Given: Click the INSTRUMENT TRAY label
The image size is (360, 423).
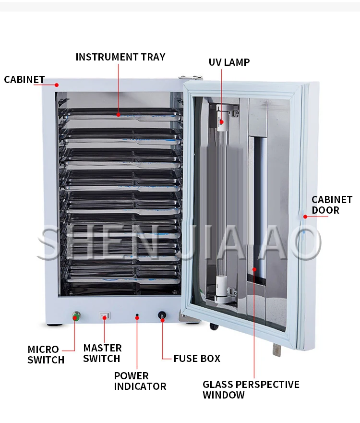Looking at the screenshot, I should (x=120, y=57).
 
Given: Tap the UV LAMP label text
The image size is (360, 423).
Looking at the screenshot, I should (x=229, y=62).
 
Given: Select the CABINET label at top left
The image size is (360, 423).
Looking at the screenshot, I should (x=24, y=79).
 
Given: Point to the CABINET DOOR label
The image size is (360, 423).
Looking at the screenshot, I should (x=332, y=205).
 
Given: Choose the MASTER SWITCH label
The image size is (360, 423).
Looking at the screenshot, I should (x=102, y=353).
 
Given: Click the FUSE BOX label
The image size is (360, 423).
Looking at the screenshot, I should (x=197, y=358).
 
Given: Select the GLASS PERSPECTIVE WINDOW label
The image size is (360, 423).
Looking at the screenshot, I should (x=251, y=389).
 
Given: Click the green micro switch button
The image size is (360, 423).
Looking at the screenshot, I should (x=75, y=316).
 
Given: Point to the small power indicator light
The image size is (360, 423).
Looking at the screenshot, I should (x=137, y=316).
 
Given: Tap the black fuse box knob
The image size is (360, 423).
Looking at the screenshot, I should (x=162, y=316).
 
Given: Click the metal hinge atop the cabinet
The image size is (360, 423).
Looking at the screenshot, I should (x=190, y=76).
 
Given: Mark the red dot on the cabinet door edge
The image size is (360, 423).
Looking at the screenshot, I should (x=304, y=216).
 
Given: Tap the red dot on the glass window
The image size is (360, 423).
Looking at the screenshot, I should (x=255, y=269).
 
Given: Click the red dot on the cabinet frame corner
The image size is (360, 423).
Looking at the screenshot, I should (x=57, y=85).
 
